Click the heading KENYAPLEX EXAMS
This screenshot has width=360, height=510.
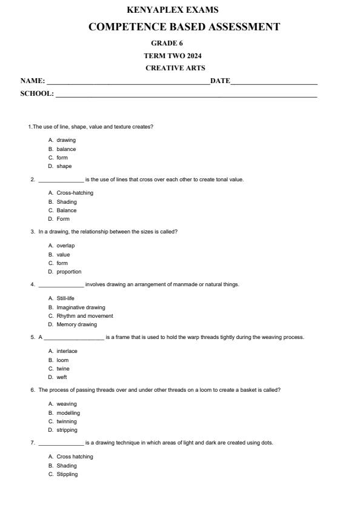(173, 10)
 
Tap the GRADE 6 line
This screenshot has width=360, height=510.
(167, 43)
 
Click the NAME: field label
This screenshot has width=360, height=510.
(33, 81)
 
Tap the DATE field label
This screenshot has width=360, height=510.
(220, 81)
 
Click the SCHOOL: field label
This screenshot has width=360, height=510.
(37, 94)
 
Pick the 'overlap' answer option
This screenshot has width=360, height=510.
(65, 246)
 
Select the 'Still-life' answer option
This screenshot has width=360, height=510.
(65, 298)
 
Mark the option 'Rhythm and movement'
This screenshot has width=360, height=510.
(85, 316)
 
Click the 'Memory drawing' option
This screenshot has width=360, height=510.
(76, 324)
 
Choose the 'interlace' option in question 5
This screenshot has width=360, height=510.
(67, 351)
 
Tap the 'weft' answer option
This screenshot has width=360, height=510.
(62, 377)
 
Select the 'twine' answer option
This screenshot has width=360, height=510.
(63, 369)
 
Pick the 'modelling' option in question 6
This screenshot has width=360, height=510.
(68, 413)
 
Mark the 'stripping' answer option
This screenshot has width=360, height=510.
(67, 430)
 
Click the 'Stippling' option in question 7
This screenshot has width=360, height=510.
(67, 474)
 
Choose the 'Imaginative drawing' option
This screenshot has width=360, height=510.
(81, 307)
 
